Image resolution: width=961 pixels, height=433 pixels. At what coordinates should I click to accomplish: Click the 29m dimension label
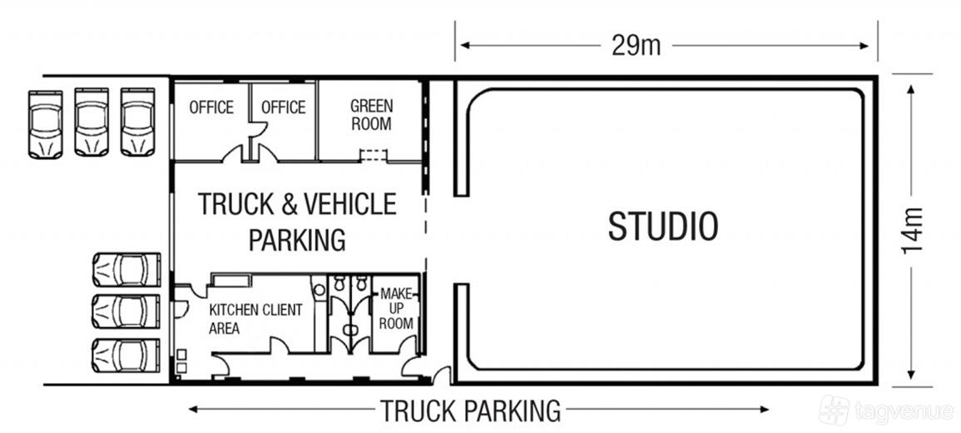(x=637, y=46)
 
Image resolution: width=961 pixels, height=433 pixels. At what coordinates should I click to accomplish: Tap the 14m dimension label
(x=911, y=230)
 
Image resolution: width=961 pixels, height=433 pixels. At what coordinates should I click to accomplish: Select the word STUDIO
(x=663, y=226)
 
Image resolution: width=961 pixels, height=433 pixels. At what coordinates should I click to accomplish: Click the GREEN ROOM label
(x=371, y=115)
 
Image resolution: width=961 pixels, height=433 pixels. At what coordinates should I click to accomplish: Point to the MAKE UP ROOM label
(x=396, y=308)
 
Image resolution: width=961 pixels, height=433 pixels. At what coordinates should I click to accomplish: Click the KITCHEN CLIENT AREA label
(x=255, y=319)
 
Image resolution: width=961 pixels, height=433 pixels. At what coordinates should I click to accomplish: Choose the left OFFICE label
(x=211, y=107)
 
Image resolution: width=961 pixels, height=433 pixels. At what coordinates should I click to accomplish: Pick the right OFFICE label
(x=283, y=107)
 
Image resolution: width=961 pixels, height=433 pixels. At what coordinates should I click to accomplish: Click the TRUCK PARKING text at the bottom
(x=471, y=411)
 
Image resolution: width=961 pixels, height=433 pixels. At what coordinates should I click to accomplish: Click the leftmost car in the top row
(x=46, y=125)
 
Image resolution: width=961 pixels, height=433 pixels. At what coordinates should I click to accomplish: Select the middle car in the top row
(x=92, y=122)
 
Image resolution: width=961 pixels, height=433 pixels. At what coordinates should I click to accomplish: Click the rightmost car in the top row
(x=138, y=122)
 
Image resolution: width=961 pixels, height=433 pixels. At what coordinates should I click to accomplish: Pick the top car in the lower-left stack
(x=126, y=270)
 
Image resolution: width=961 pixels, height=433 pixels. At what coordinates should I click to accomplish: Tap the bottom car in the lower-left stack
(x=126, y=356)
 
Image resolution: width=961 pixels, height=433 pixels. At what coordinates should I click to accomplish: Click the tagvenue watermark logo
(x=834, y=410)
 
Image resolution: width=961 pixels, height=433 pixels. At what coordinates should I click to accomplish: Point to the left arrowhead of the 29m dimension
(x=465, y=46)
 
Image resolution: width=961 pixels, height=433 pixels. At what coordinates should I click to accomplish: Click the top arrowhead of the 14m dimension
(x=911, y=90)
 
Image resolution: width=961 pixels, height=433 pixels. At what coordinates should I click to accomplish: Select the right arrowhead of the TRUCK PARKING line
(x=764, y=410)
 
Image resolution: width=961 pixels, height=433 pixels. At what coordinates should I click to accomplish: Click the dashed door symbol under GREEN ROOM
(x=374, y=156)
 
